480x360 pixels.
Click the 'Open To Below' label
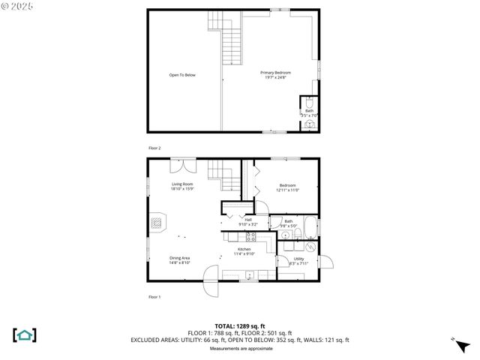pyautogui.click(x=181, y=75)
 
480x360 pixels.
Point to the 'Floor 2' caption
pyautogui.click(x=154, y=148)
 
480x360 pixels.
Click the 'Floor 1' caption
pyautogui.click(x=154, y=297)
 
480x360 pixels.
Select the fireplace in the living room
pyautogui.click(x=156, y=223)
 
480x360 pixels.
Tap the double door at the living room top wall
pyautogui.click(x=183, y=164)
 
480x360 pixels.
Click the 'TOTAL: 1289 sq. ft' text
pyautogui.click(x=239, y=325)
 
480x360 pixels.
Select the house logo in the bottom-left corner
pyautogui.click(x=25, y=334)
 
